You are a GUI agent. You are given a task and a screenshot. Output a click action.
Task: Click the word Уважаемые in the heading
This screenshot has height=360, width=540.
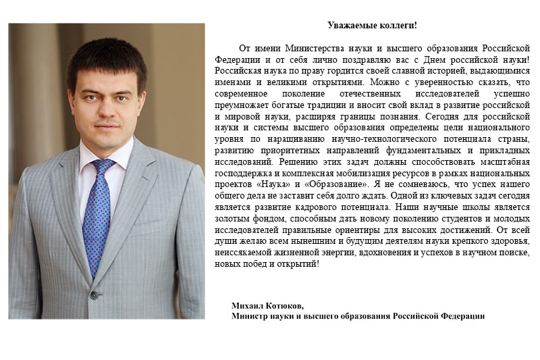coord(349,26)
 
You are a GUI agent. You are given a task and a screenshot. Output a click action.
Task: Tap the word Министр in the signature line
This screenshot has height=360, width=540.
coord(252,315)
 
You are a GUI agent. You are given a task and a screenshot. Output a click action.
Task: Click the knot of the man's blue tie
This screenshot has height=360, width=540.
coord(103,166)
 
